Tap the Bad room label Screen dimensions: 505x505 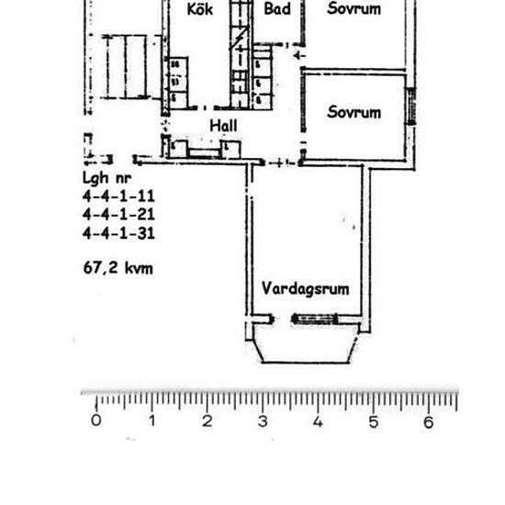point(277,9)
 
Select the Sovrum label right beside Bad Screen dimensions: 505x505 point(354,9)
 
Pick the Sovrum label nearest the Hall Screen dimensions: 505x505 point(354,112)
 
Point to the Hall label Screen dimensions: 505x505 point(224,125)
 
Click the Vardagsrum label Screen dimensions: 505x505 point(305,288)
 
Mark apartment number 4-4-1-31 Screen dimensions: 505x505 point(118,233)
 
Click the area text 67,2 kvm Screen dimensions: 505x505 point(118,269)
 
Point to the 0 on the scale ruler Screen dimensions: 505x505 point(96,421)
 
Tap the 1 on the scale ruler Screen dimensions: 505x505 point(151,421)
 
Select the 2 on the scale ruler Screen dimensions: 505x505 point(208,421)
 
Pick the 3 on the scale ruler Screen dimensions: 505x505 point(263,421)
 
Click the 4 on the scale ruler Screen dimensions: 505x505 point(318,421)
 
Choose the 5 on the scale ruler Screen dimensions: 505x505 point(374,421)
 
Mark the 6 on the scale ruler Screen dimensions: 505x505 point(429,421)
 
